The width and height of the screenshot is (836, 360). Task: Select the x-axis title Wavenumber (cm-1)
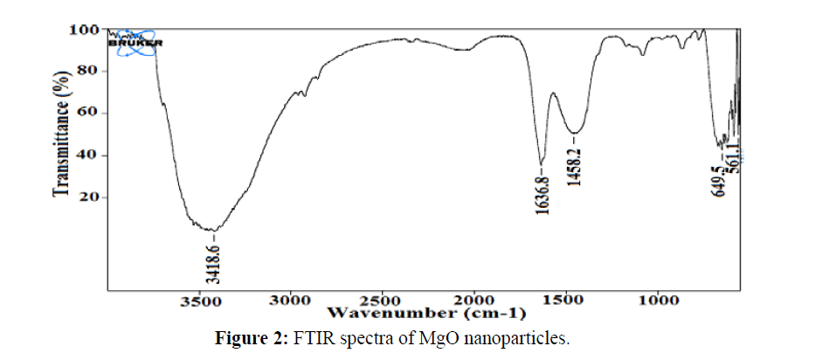425,312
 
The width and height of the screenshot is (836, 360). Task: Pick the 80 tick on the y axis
87,72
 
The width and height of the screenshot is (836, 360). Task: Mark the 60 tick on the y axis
87,114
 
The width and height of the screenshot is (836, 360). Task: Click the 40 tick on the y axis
87,156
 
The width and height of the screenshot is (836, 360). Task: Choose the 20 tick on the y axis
87,197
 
